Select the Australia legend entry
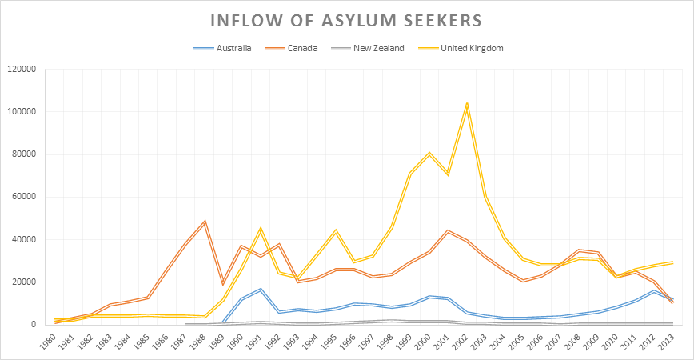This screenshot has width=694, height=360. click(233, 48)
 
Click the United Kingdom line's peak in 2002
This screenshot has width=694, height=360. click(466, 103)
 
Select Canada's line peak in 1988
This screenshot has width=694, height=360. click(205, 221)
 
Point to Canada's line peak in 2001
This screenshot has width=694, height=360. click(448, 230)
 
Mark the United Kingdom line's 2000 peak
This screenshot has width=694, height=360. click(429, 153)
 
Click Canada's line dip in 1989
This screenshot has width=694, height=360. click(224, 283)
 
